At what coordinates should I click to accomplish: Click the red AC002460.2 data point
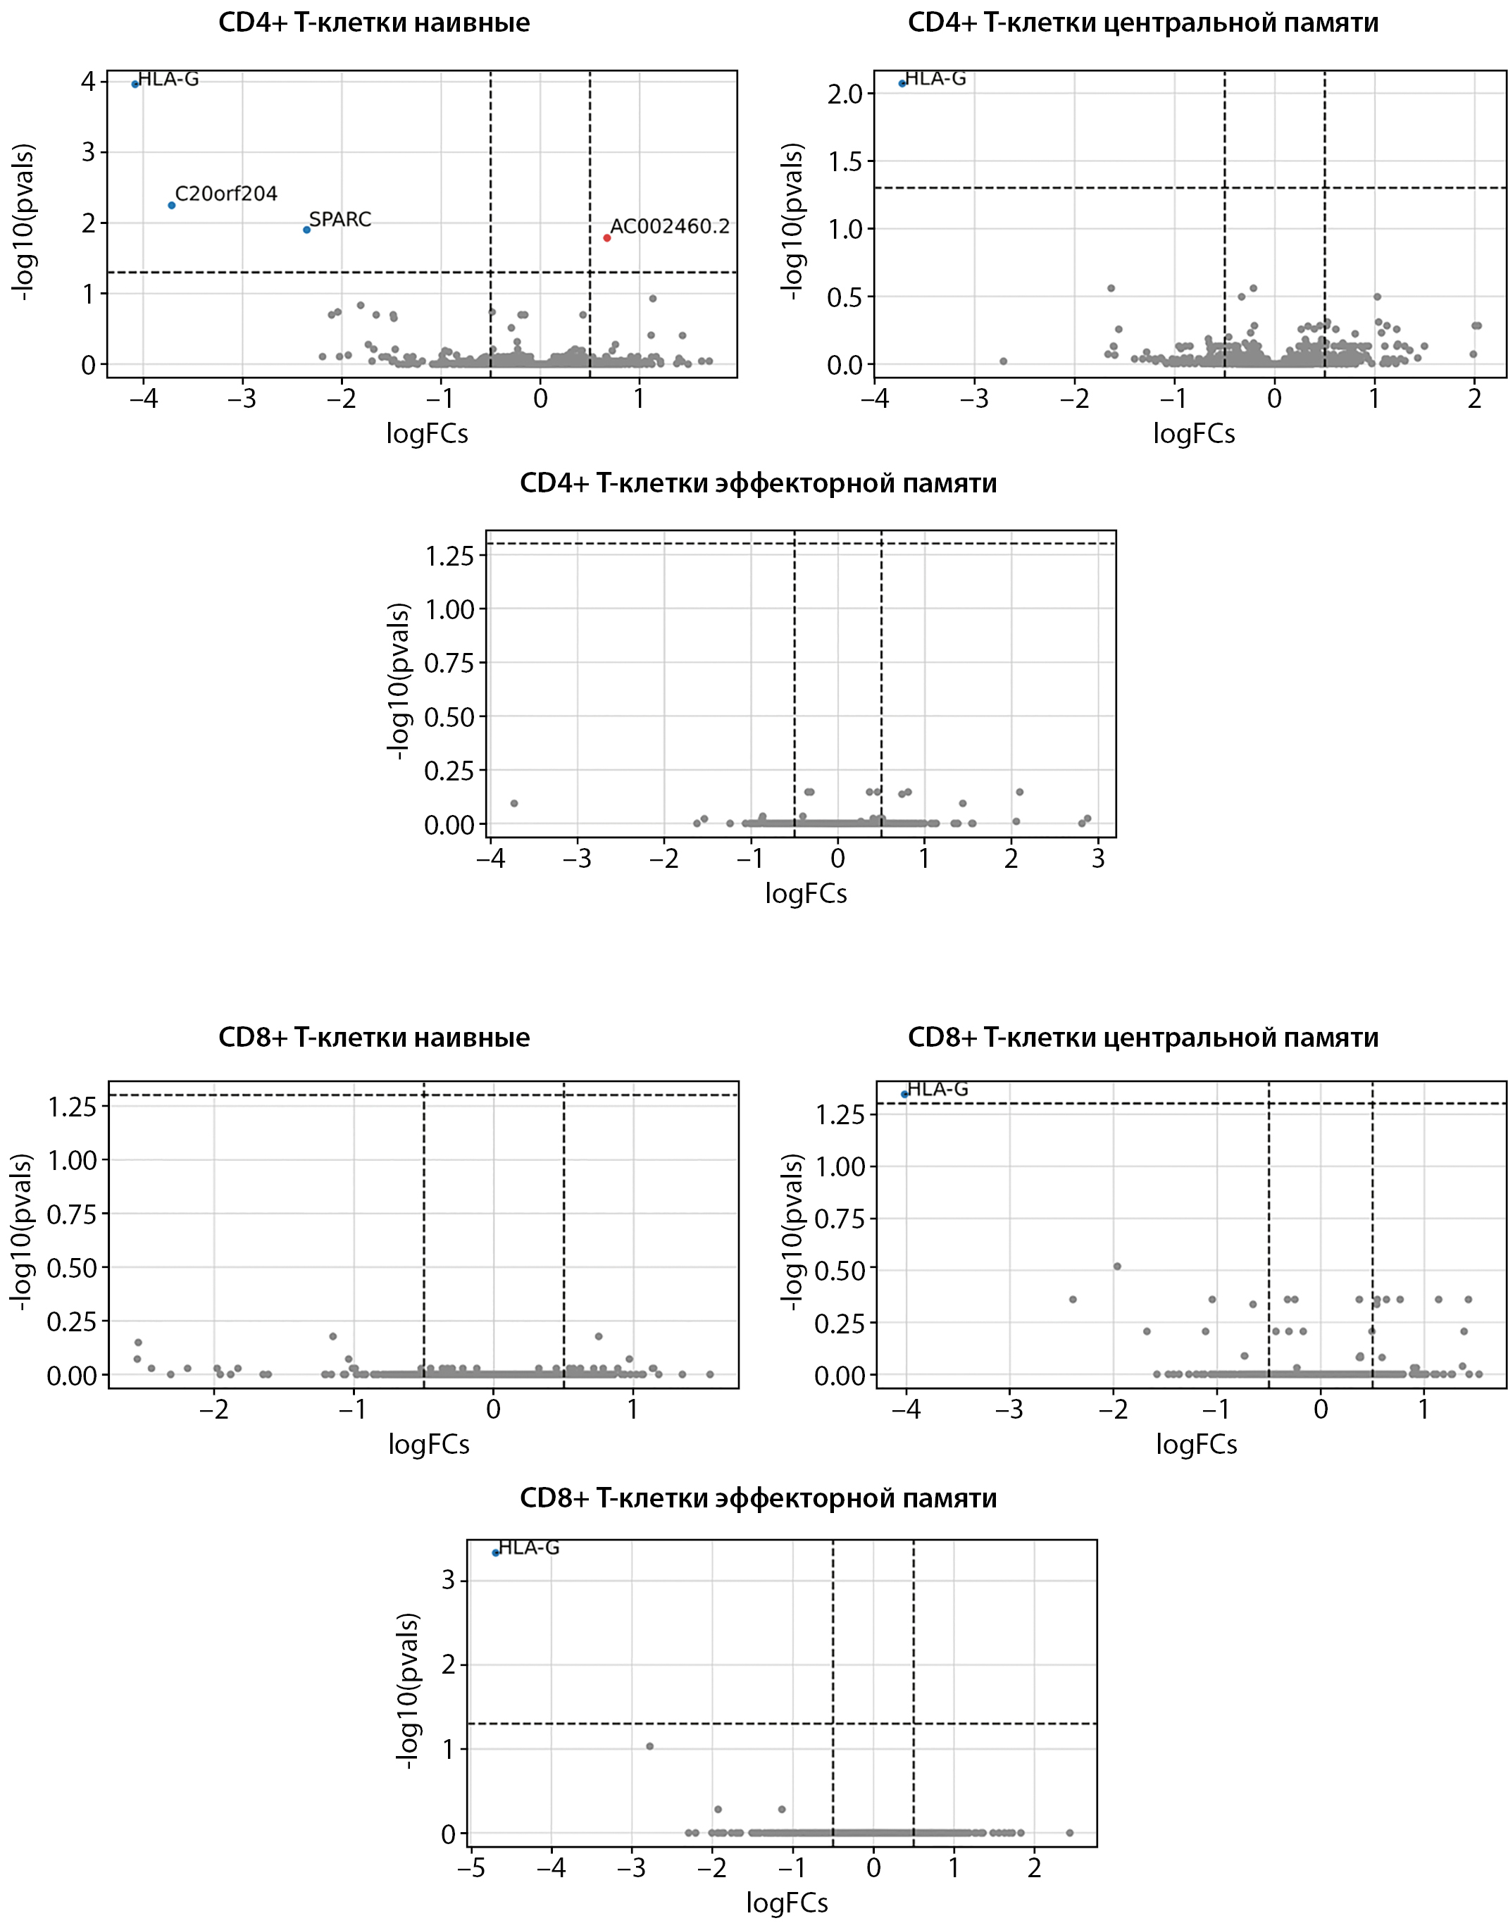click(x=606, y=237)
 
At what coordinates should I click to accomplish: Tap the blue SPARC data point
click(x=306, y=230)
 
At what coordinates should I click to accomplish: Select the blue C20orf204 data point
click(x=171, y=205)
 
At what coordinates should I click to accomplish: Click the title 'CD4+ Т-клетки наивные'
click(x=374, y=23)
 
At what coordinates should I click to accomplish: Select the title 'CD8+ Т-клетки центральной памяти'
click(x=1142, y=1037)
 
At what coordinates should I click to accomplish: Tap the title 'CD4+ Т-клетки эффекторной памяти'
click(x=758, y=483)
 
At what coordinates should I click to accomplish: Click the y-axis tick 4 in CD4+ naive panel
click(x=88, y=81)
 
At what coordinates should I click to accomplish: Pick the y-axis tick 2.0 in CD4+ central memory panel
click(x=846, y=94)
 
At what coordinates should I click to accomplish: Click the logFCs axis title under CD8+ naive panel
click(x=428, y=1445)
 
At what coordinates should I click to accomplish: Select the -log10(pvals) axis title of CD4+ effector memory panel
click(x=399, y=680)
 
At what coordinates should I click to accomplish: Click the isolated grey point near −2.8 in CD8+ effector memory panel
click(x=650, y=1745)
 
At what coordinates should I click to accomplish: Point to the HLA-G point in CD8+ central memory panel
click(x=904, y=1094)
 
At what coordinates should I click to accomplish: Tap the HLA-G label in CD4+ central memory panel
click(x=936, y=79)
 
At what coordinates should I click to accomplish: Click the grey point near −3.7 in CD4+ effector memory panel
click(x=514, y=802)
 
